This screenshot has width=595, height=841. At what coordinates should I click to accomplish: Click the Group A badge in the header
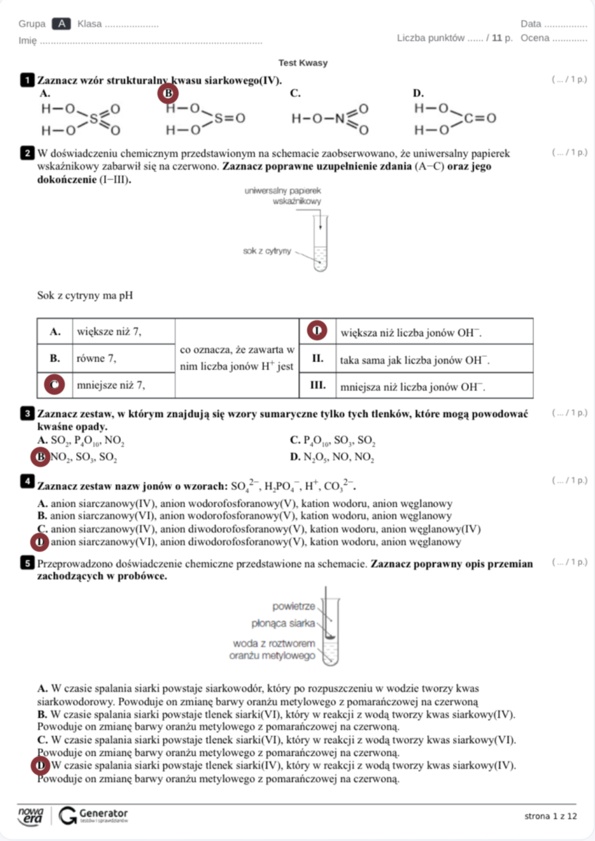61,24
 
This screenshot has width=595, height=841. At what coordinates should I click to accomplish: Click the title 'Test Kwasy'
302,63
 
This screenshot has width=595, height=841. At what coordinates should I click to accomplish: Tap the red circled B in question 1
168,93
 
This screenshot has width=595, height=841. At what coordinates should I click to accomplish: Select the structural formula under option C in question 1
330,119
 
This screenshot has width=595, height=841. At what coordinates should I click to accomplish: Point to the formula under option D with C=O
455,119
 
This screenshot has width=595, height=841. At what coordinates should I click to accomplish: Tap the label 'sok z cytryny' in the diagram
267,251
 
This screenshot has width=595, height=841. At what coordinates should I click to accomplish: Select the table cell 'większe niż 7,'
109,332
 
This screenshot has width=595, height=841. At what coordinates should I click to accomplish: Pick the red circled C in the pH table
55,385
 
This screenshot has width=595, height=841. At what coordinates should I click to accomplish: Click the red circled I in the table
317,331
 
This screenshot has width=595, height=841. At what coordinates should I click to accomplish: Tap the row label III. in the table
317,385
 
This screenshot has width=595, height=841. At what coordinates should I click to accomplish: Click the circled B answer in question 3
41,457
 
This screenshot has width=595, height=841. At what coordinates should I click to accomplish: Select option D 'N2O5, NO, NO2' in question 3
332,457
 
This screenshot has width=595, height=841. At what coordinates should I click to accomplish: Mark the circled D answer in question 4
40,542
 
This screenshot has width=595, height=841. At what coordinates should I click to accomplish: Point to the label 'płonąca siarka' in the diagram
283,623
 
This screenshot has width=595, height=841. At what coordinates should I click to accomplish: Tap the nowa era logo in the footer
31,816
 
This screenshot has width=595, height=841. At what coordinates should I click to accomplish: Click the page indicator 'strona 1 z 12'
550,816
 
